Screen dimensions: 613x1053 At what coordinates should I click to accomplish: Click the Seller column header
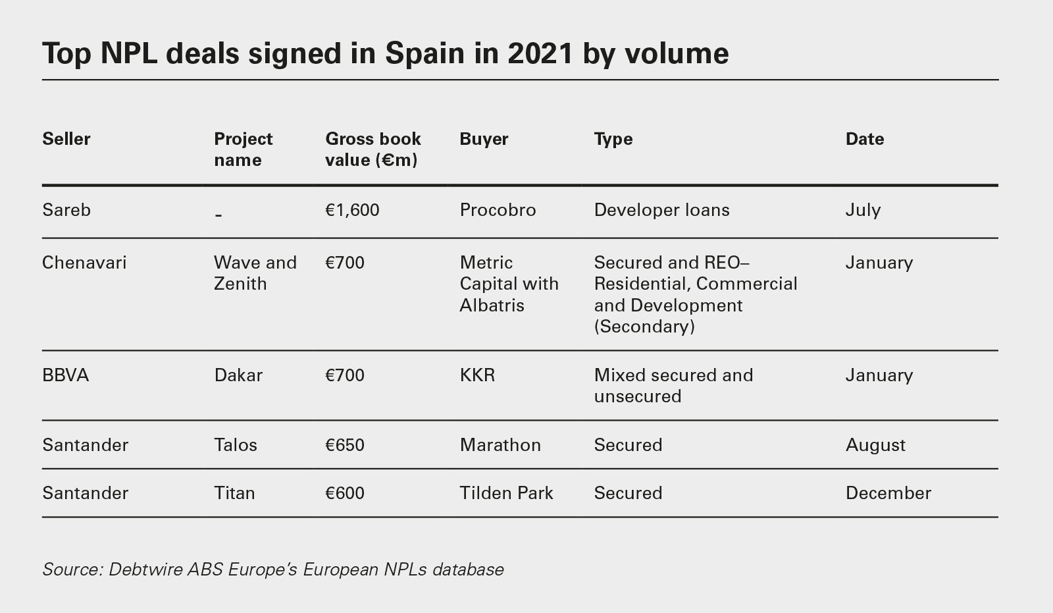(x=66, y=139)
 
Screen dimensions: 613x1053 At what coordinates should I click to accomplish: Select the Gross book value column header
(x=372, y=149)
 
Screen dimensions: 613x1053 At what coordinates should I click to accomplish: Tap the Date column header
(x=864, y=139)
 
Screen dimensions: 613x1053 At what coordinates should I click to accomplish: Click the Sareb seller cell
(x=66, y=210)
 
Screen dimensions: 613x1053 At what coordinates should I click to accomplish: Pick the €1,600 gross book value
(x=352, y=210)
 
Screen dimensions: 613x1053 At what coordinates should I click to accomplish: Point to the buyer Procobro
(x=498, y=210)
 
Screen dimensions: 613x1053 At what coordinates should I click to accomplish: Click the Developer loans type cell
(x=661, y=210)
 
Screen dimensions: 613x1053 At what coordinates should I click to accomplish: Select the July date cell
(x=863, y=210)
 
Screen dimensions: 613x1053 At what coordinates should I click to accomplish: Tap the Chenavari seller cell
(x=84, y=263)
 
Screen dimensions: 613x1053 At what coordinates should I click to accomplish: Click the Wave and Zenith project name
(x=255, y=273)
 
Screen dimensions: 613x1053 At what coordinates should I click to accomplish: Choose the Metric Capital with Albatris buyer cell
(x=509, y=284)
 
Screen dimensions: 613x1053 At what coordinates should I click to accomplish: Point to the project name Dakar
(x=238, y=375)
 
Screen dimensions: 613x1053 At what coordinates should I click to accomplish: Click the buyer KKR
(x=477, y=375)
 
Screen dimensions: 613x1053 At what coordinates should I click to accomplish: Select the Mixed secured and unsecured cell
(x=673, y=386)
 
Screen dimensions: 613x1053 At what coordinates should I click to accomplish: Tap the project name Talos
(x=236, y=445)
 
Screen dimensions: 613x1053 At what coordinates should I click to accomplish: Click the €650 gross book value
(x=345, y=445)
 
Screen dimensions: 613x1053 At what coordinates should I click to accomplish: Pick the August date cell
(x=875, y=445)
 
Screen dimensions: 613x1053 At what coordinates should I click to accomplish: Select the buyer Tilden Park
(x=506, y=493)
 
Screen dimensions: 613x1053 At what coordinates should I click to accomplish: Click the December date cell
(x=888, y=493)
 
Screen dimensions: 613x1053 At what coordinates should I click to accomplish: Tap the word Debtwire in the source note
(x=145, y=569)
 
